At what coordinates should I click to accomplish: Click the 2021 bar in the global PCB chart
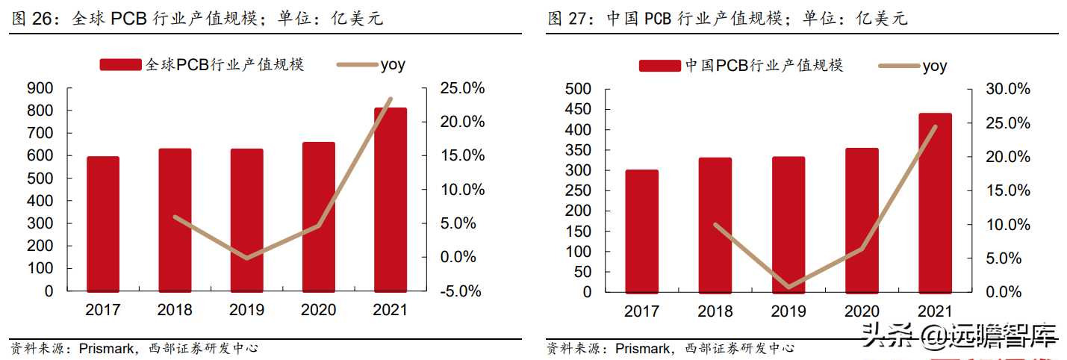(x=390, y=199)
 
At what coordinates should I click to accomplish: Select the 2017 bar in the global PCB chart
(x=103, y=224)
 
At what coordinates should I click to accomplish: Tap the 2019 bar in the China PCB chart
(x=788, y=225)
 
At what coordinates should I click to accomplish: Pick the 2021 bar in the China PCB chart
(x=935, y=203)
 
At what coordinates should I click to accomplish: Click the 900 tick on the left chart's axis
(x=40, y=88)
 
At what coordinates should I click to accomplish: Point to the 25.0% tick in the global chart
(x=462, y=88)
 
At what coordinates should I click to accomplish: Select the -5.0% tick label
(x=461, y=291)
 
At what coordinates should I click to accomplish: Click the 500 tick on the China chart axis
(x=578, y=89)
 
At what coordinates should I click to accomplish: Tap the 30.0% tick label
(x=1008, y=89)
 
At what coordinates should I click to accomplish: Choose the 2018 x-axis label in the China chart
(x=715, y=311)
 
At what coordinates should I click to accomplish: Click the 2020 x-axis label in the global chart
(x=318, y=310)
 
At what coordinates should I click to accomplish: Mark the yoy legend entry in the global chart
(x=371, y=65)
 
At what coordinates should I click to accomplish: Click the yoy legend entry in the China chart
(x=912, y=66)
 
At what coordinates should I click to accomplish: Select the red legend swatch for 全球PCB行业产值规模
(x=120, y=65)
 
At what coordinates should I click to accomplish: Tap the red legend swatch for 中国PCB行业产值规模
(x=660, y=66)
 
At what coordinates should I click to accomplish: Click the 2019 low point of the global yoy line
(x=246, y=258)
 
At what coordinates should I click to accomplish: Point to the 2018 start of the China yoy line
(x=715, y=224)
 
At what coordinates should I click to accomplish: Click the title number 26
(x=42, y=19)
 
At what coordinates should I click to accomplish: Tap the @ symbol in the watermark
(x=933, y=335)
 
